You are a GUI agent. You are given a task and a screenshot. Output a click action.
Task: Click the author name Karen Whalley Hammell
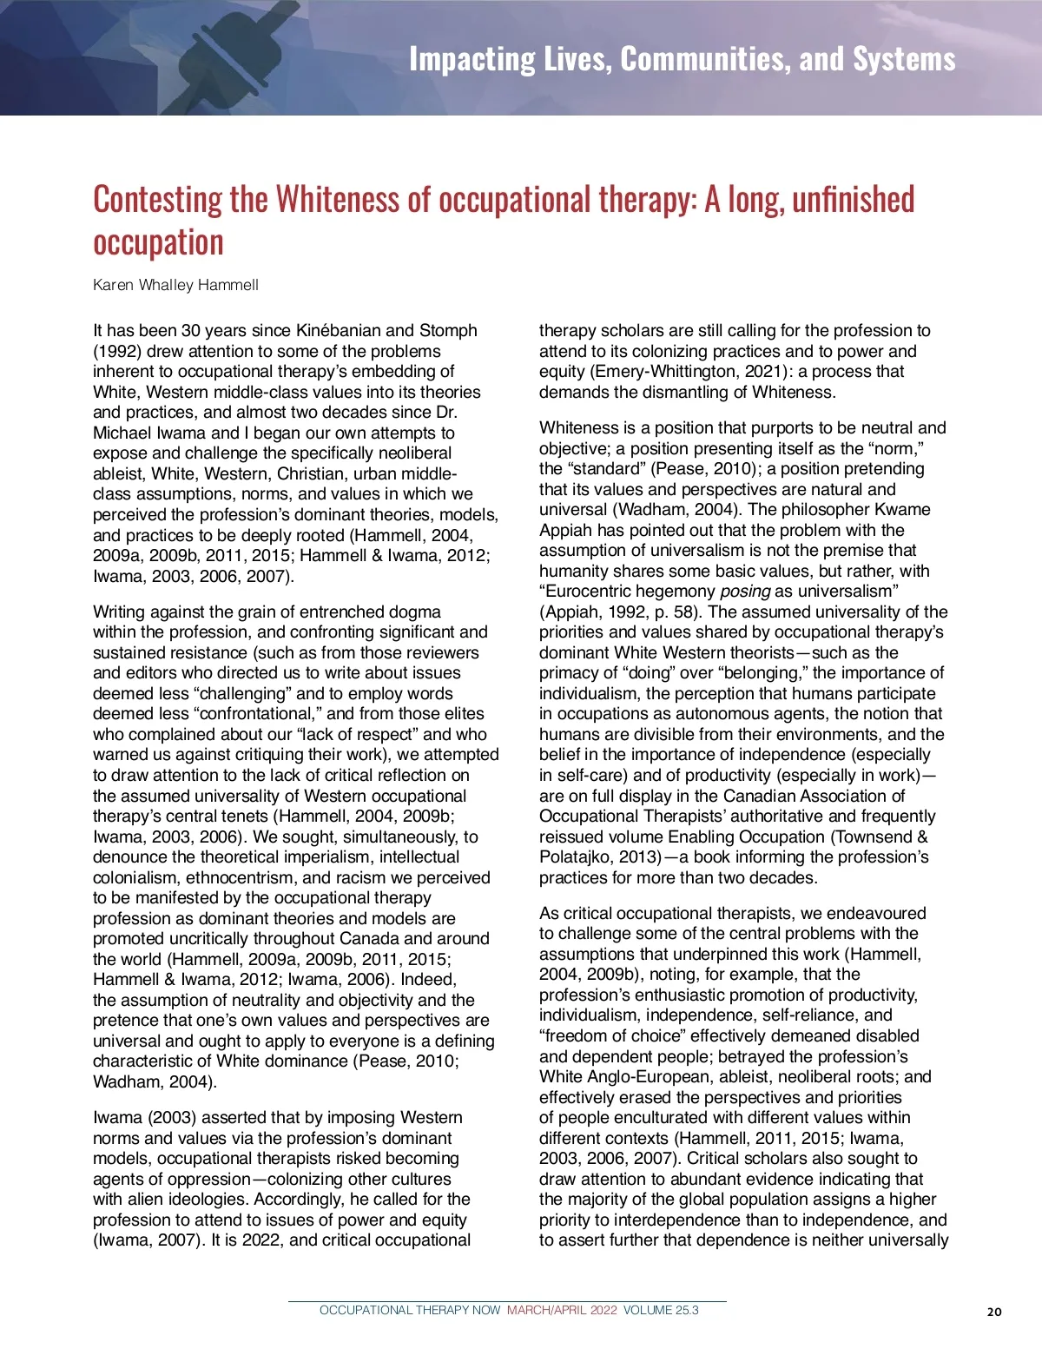175,285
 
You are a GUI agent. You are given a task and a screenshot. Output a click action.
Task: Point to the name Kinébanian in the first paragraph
339,331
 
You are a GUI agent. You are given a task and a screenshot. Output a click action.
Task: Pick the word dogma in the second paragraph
412,612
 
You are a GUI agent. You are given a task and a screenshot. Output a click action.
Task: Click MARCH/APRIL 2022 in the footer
562,1310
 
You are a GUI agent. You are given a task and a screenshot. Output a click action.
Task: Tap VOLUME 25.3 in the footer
661,1310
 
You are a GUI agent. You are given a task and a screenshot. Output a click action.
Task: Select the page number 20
994,1312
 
